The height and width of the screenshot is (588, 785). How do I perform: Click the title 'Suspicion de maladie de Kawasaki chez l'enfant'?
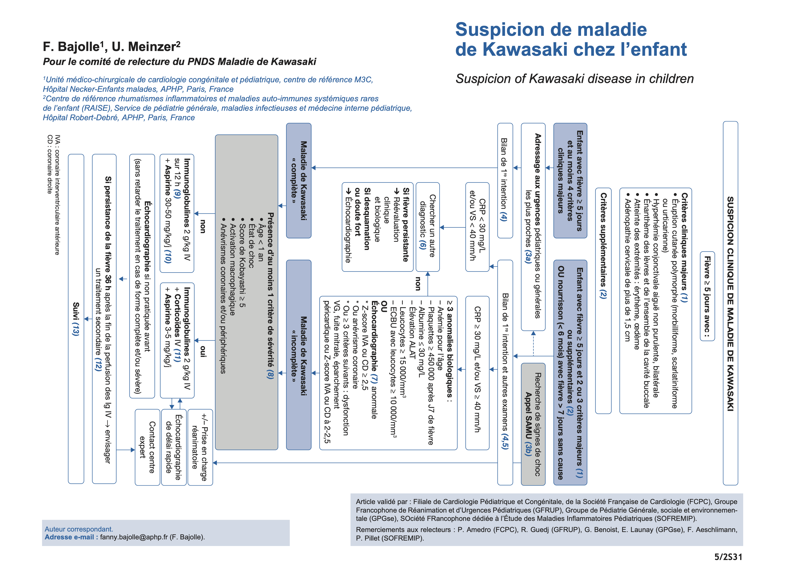coord(571,39)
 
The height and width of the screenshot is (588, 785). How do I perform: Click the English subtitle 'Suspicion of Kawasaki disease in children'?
coord(574,79)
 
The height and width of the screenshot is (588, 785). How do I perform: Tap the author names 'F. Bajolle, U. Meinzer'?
coord(111,47)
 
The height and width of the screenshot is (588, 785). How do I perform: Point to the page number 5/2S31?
coord(728,557)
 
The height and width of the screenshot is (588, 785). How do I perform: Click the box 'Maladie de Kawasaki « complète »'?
coord(299,181)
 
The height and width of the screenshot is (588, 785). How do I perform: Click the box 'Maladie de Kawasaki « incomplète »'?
coord(299,355)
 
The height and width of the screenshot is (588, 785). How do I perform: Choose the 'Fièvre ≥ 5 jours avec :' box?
coord(707,296)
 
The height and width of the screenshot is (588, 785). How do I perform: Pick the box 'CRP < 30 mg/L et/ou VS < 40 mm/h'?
coord(477,227)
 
